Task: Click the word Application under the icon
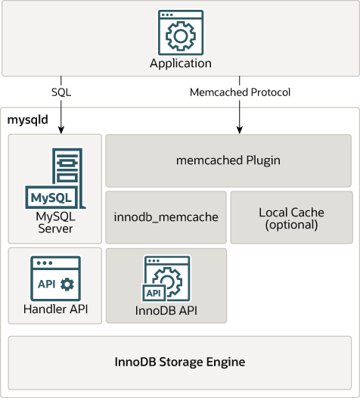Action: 180,64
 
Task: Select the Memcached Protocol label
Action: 240,92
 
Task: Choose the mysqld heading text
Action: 27,119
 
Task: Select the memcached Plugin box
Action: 228,160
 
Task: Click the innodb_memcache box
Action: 166,216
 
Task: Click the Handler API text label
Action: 54,309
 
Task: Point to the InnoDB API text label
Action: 166,309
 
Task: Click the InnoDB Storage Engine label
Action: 179,362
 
